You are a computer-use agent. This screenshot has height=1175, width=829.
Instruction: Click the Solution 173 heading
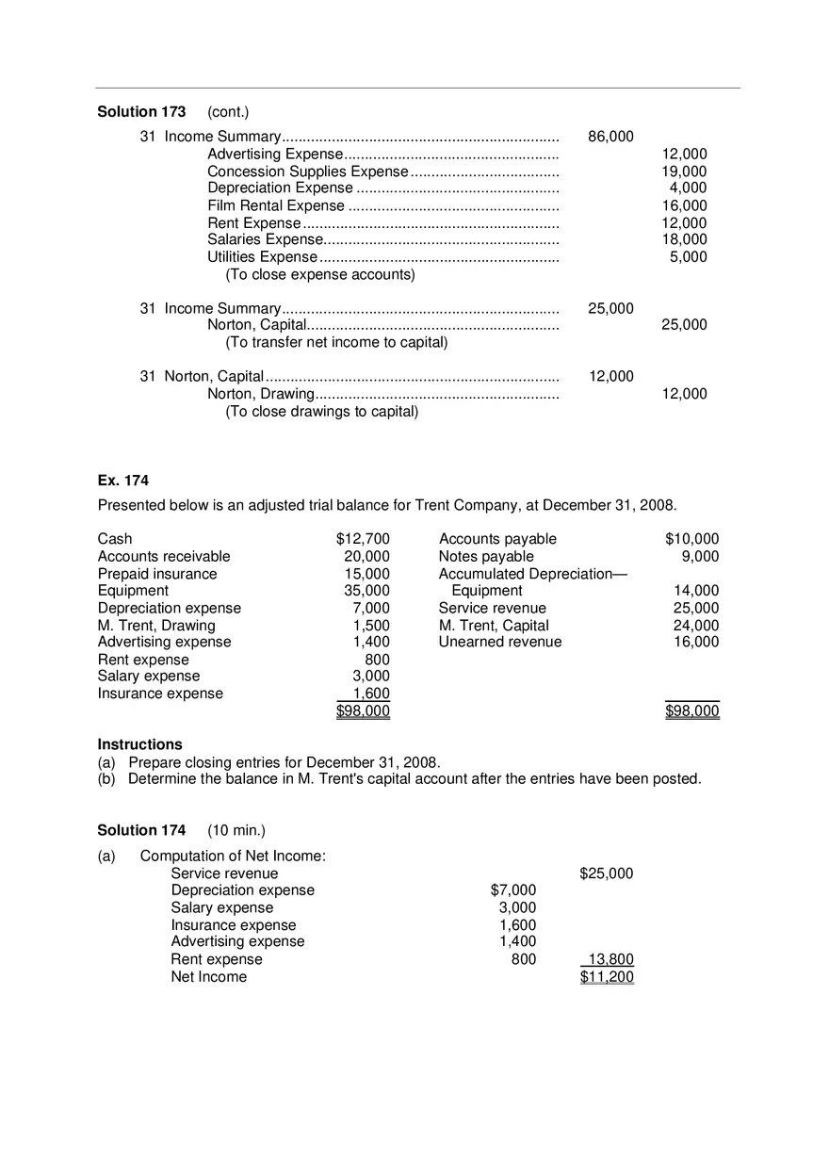(x=141, y=112)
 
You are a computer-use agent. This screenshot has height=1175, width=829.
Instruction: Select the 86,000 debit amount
(x=610, y=137)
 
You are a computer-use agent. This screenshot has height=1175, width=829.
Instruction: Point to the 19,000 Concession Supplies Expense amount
(x=684, y=171)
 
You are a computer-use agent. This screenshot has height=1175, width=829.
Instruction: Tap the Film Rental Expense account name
(x=276, y=205)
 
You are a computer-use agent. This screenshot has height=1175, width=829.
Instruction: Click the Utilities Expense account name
(x=262, y=257)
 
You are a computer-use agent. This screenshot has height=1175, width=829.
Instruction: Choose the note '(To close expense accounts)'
(x=319, y=275)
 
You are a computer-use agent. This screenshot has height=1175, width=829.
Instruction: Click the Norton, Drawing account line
(x=260, y=394)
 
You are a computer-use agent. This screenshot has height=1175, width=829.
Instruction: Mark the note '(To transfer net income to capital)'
(x=336, y=342)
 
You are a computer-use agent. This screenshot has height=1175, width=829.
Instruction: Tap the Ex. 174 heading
(x=123, y=481)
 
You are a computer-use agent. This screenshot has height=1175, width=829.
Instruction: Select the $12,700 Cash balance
(x=363, y=539)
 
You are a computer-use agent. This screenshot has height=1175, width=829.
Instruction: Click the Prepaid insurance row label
(x=157, y=574)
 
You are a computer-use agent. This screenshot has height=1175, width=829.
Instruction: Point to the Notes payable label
(x=486, y=557)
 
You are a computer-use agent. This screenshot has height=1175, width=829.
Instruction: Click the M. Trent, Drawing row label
(x=156, y=626)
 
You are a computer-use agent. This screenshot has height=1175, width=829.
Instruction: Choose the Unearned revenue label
(x=499, y=643)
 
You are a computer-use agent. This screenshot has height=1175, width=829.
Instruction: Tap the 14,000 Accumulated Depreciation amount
(x=696, y=591)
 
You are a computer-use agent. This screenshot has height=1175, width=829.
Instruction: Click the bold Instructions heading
(x=139, y=744)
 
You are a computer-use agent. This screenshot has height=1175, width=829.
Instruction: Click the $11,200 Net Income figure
(x=607, y=977)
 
